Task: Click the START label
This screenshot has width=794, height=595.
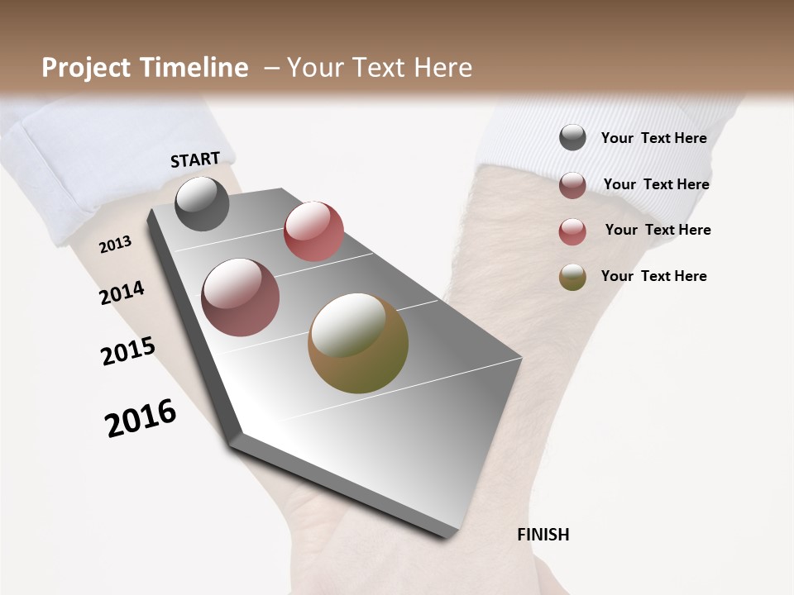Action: [x=195, y=159]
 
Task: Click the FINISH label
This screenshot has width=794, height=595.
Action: [x=543, y=535]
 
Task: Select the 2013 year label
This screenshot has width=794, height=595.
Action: [x=115, y=245]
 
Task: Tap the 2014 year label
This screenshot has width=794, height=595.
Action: [x=122, y=293]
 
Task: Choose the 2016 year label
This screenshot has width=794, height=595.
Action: [x=141, y=418]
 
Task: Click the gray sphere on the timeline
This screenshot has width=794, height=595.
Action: [x=202, y=203]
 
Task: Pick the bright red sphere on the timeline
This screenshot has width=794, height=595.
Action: [x=313, y=231]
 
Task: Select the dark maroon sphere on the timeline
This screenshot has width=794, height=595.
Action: [x=241, y=297]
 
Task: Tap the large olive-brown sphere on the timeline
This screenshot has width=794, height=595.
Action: [x=358, y=343]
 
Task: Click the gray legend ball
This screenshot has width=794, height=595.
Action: [x=572, y=137]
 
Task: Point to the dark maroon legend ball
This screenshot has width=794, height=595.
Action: [x=572, y=185]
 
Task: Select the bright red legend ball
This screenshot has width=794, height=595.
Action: [x=572, y=231]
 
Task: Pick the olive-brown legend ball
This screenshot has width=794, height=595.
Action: [x=572, y=277]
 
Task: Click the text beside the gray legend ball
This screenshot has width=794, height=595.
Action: [x=653, y=138]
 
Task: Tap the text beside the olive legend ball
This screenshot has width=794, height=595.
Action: [x=653, y=276]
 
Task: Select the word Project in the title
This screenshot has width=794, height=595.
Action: [x=85, y=68]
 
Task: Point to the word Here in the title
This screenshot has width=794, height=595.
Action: [x=442, y=68]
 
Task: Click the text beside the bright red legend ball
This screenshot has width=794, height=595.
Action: [x=658, y=230]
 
